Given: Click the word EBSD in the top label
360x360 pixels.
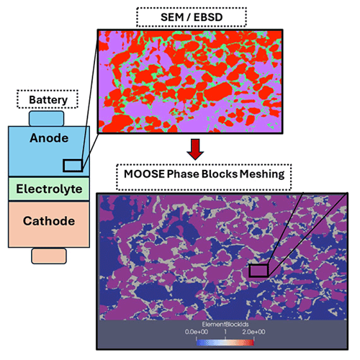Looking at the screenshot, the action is [x=208, y=17].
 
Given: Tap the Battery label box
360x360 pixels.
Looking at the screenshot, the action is [x=48, y=99].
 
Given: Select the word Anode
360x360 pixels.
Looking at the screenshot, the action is [x=49, y=138].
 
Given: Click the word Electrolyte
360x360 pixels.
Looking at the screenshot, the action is [x=49, y=189].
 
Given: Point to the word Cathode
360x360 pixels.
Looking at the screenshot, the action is [x=49, y=221].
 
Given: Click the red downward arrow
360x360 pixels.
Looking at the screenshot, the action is [x=195, y=149].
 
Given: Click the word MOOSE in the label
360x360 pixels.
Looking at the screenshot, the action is [x=144, y=174].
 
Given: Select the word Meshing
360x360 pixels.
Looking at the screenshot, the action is [x=262, y=174].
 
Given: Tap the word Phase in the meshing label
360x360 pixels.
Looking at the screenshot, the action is [x=183, y=174].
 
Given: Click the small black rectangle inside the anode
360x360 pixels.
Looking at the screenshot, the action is [x=73, y=166].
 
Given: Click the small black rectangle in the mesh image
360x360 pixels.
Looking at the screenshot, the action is [x=258, y=271].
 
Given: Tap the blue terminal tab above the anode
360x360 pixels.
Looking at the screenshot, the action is [x=47, y=118].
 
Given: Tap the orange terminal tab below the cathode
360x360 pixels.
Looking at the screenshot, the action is [x=49, y=256].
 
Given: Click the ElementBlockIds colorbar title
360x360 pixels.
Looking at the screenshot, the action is [x=225, y=325].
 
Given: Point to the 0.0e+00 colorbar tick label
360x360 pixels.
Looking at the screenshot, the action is [x=197, y=332].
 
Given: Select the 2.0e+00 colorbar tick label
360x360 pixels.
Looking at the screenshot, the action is [x=253, y=332].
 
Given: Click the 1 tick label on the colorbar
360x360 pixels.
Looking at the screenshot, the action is [x=225, y=332].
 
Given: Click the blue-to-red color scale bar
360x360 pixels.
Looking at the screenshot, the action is [x=225, y=342].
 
